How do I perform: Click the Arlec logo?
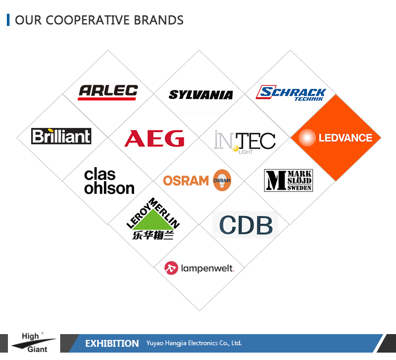pos(108,93)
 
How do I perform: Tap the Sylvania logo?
pos(201,95)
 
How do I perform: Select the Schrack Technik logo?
pos(291,93)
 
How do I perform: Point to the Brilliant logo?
pos(61,136)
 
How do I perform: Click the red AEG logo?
pos(154,139)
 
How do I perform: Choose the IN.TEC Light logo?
pos(244,142)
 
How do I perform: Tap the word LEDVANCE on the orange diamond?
pos(345,138)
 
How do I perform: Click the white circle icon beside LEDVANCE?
pos(307,137)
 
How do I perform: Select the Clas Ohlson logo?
pos(109,181)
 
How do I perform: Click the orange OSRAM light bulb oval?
pos(222,180)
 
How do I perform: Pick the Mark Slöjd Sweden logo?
pos(288,180)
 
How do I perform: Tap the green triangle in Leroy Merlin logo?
pos(153,219)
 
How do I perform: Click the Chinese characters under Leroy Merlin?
pos(153,235)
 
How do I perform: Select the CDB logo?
pos(246,225)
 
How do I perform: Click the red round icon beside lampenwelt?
pos(171,268)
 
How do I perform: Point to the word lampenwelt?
pos(208,268)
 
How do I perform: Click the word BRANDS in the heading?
pos(158,20)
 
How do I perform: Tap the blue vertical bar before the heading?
pos(8,20)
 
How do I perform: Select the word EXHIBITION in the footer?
pos(112,343)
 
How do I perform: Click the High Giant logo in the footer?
pos(34,343)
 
